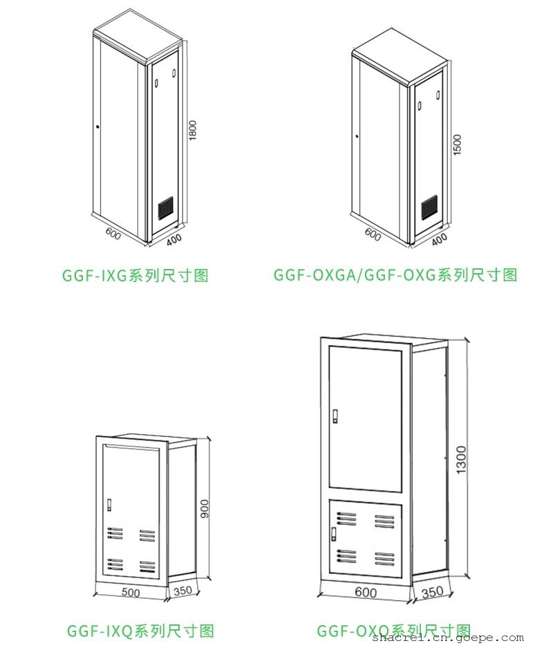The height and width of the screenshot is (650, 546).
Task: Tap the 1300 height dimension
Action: click(461, 460)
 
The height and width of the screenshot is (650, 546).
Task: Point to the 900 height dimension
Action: click(203, 510)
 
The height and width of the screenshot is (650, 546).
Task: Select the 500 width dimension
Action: click(130, 593)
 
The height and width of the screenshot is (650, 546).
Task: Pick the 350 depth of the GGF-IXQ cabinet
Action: click(183, 591)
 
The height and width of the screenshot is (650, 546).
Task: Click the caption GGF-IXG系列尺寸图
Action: click(135, 275)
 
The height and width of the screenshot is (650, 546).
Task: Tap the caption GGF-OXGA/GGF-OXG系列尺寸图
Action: click(395, 275)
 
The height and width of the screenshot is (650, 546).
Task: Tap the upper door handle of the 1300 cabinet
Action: click(335, 416)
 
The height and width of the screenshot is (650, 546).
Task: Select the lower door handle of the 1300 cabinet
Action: click(334, 533)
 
